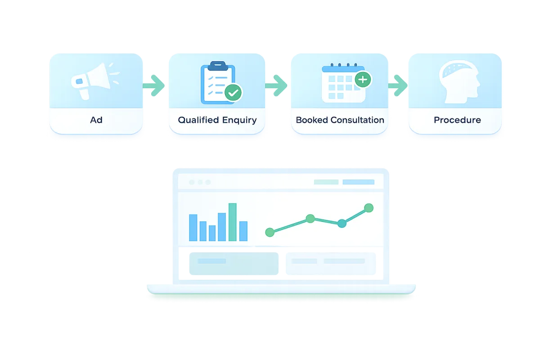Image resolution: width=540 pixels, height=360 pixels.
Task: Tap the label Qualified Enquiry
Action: pyautogui.click(x=217, y=120)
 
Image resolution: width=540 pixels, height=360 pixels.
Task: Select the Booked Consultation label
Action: pyautogui.click(x=340, y=120)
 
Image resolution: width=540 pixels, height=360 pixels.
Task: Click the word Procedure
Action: pyautogui.click(x=457, y=120)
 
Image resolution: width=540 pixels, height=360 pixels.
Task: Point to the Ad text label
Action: pyautogui.click(x=96, y=120)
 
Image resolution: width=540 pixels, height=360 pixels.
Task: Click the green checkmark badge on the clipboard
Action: pyautogui.click(x=233, y=93)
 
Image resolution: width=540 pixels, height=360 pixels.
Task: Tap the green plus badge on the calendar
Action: pyautogui.click(x=363, y=80)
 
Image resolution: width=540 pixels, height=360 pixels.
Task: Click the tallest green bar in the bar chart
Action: pyautogui.click(x=232, y=222)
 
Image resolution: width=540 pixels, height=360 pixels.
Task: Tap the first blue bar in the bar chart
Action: pyautogui.click(x=193, y=227)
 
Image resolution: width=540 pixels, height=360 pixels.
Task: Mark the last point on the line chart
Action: pyautogui.click(x=369, y=207)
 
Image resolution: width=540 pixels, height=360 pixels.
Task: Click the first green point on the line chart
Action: pyautogui.click(x=270, y=232)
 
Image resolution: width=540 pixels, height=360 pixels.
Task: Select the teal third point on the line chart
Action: pyautogui.click(x=342, y=223)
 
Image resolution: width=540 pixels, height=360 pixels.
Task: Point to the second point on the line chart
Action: pyautogui.click(x=310, y=219)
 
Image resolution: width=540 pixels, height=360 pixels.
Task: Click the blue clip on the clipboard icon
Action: pyautogui.click(x=217, y=65)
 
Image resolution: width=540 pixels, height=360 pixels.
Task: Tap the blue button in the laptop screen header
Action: pyautogui.click(x=358, y=182)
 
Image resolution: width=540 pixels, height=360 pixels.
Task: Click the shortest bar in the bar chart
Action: pyautogui.click(x=212, y=233)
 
